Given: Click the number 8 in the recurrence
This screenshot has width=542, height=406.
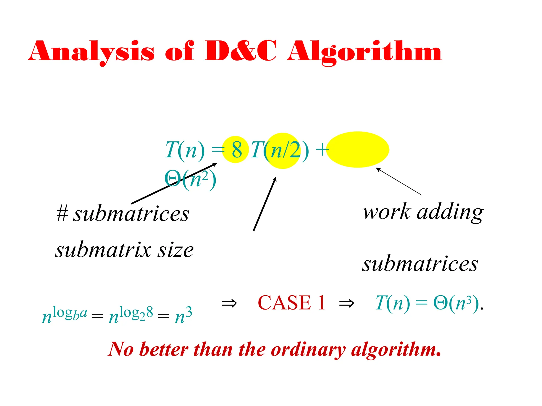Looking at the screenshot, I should coord(236,150).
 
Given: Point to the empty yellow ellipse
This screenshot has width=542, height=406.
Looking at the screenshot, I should coord(358,150).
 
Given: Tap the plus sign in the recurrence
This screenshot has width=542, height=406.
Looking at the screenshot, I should coord(322,150).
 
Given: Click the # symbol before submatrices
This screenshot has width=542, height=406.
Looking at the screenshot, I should coord(62,214).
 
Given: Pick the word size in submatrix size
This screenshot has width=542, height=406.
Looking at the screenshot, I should coord(175,250).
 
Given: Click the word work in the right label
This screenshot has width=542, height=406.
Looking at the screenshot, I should coord(387,212).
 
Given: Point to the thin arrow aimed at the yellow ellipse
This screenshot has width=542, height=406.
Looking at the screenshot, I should coord(399,181).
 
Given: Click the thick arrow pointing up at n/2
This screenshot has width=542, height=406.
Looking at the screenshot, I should coord(265,204).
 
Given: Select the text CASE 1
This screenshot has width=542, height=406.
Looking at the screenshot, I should coord(291,303).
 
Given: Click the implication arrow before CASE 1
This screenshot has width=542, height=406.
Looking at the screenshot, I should coord(229,303).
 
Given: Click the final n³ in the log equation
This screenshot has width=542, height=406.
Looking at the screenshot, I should coord(183,315).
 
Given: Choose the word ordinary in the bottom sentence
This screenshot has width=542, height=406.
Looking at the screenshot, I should coord(308,350).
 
